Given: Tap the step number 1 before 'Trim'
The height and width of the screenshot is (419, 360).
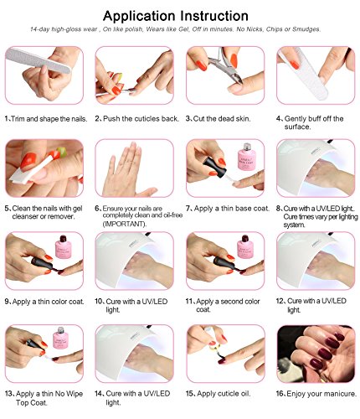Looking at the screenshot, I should click(8, 119).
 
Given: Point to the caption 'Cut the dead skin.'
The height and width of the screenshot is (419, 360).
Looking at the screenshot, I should click(225, 119).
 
